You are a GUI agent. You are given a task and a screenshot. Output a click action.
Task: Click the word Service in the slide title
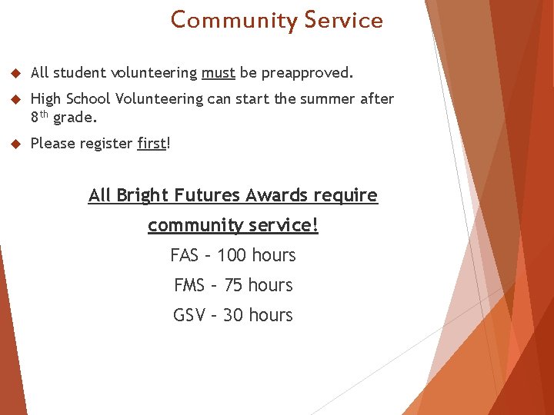click(x=343, y=20)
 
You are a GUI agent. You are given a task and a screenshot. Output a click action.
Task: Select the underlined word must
click(x=218, y=73)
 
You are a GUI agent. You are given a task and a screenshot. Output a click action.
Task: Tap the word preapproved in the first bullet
click(x=306, y=74)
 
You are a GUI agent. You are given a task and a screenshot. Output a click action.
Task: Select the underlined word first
click(x=152, y=143)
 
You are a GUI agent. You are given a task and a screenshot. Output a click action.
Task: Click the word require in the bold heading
click(x=345, y=195)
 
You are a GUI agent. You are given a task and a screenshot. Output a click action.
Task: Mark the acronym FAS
click(x=185, y=255)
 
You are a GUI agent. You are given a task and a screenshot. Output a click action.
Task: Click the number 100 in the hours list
click(x=232, y=255)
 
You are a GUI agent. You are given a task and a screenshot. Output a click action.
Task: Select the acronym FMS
click(x=189, y=285)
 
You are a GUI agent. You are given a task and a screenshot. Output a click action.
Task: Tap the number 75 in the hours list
click(x=234, y=285)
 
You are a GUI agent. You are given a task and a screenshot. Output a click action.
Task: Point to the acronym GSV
click(x=189, y=315)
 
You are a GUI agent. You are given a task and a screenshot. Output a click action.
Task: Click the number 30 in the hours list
click(x=233, y=315)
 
